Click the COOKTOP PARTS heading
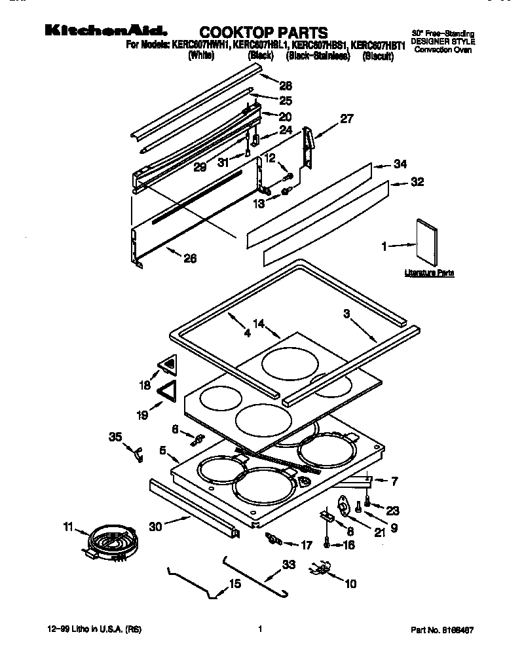click(x=263, y=32)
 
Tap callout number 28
click(x=286, y=85)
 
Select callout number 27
click(x=346, y=119)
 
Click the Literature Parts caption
click(x=428, y=272)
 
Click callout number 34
click(x=400, y=164)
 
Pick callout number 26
click(x=189, y=257)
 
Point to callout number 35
click(x=115, y=436)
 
